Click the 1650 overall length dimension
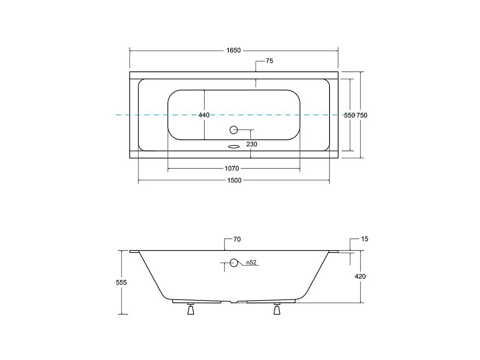click(x=233, y=50)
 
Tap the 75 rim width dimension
click(x=269, y=61)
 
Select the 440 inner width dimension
click(x=204, y=115)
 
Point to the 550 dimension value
click(x=349, y=115)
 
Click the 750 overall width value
click(x=362, y=115)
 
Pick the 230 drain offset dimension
click(x=252, y=144)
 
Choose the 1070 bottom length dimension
click(x=232, y=168)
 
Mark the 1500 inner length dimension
click(x=234, y=180)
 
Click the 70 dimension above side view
click(x=237, y=239)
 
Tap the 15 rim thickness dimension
click(x=365, y=239)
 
